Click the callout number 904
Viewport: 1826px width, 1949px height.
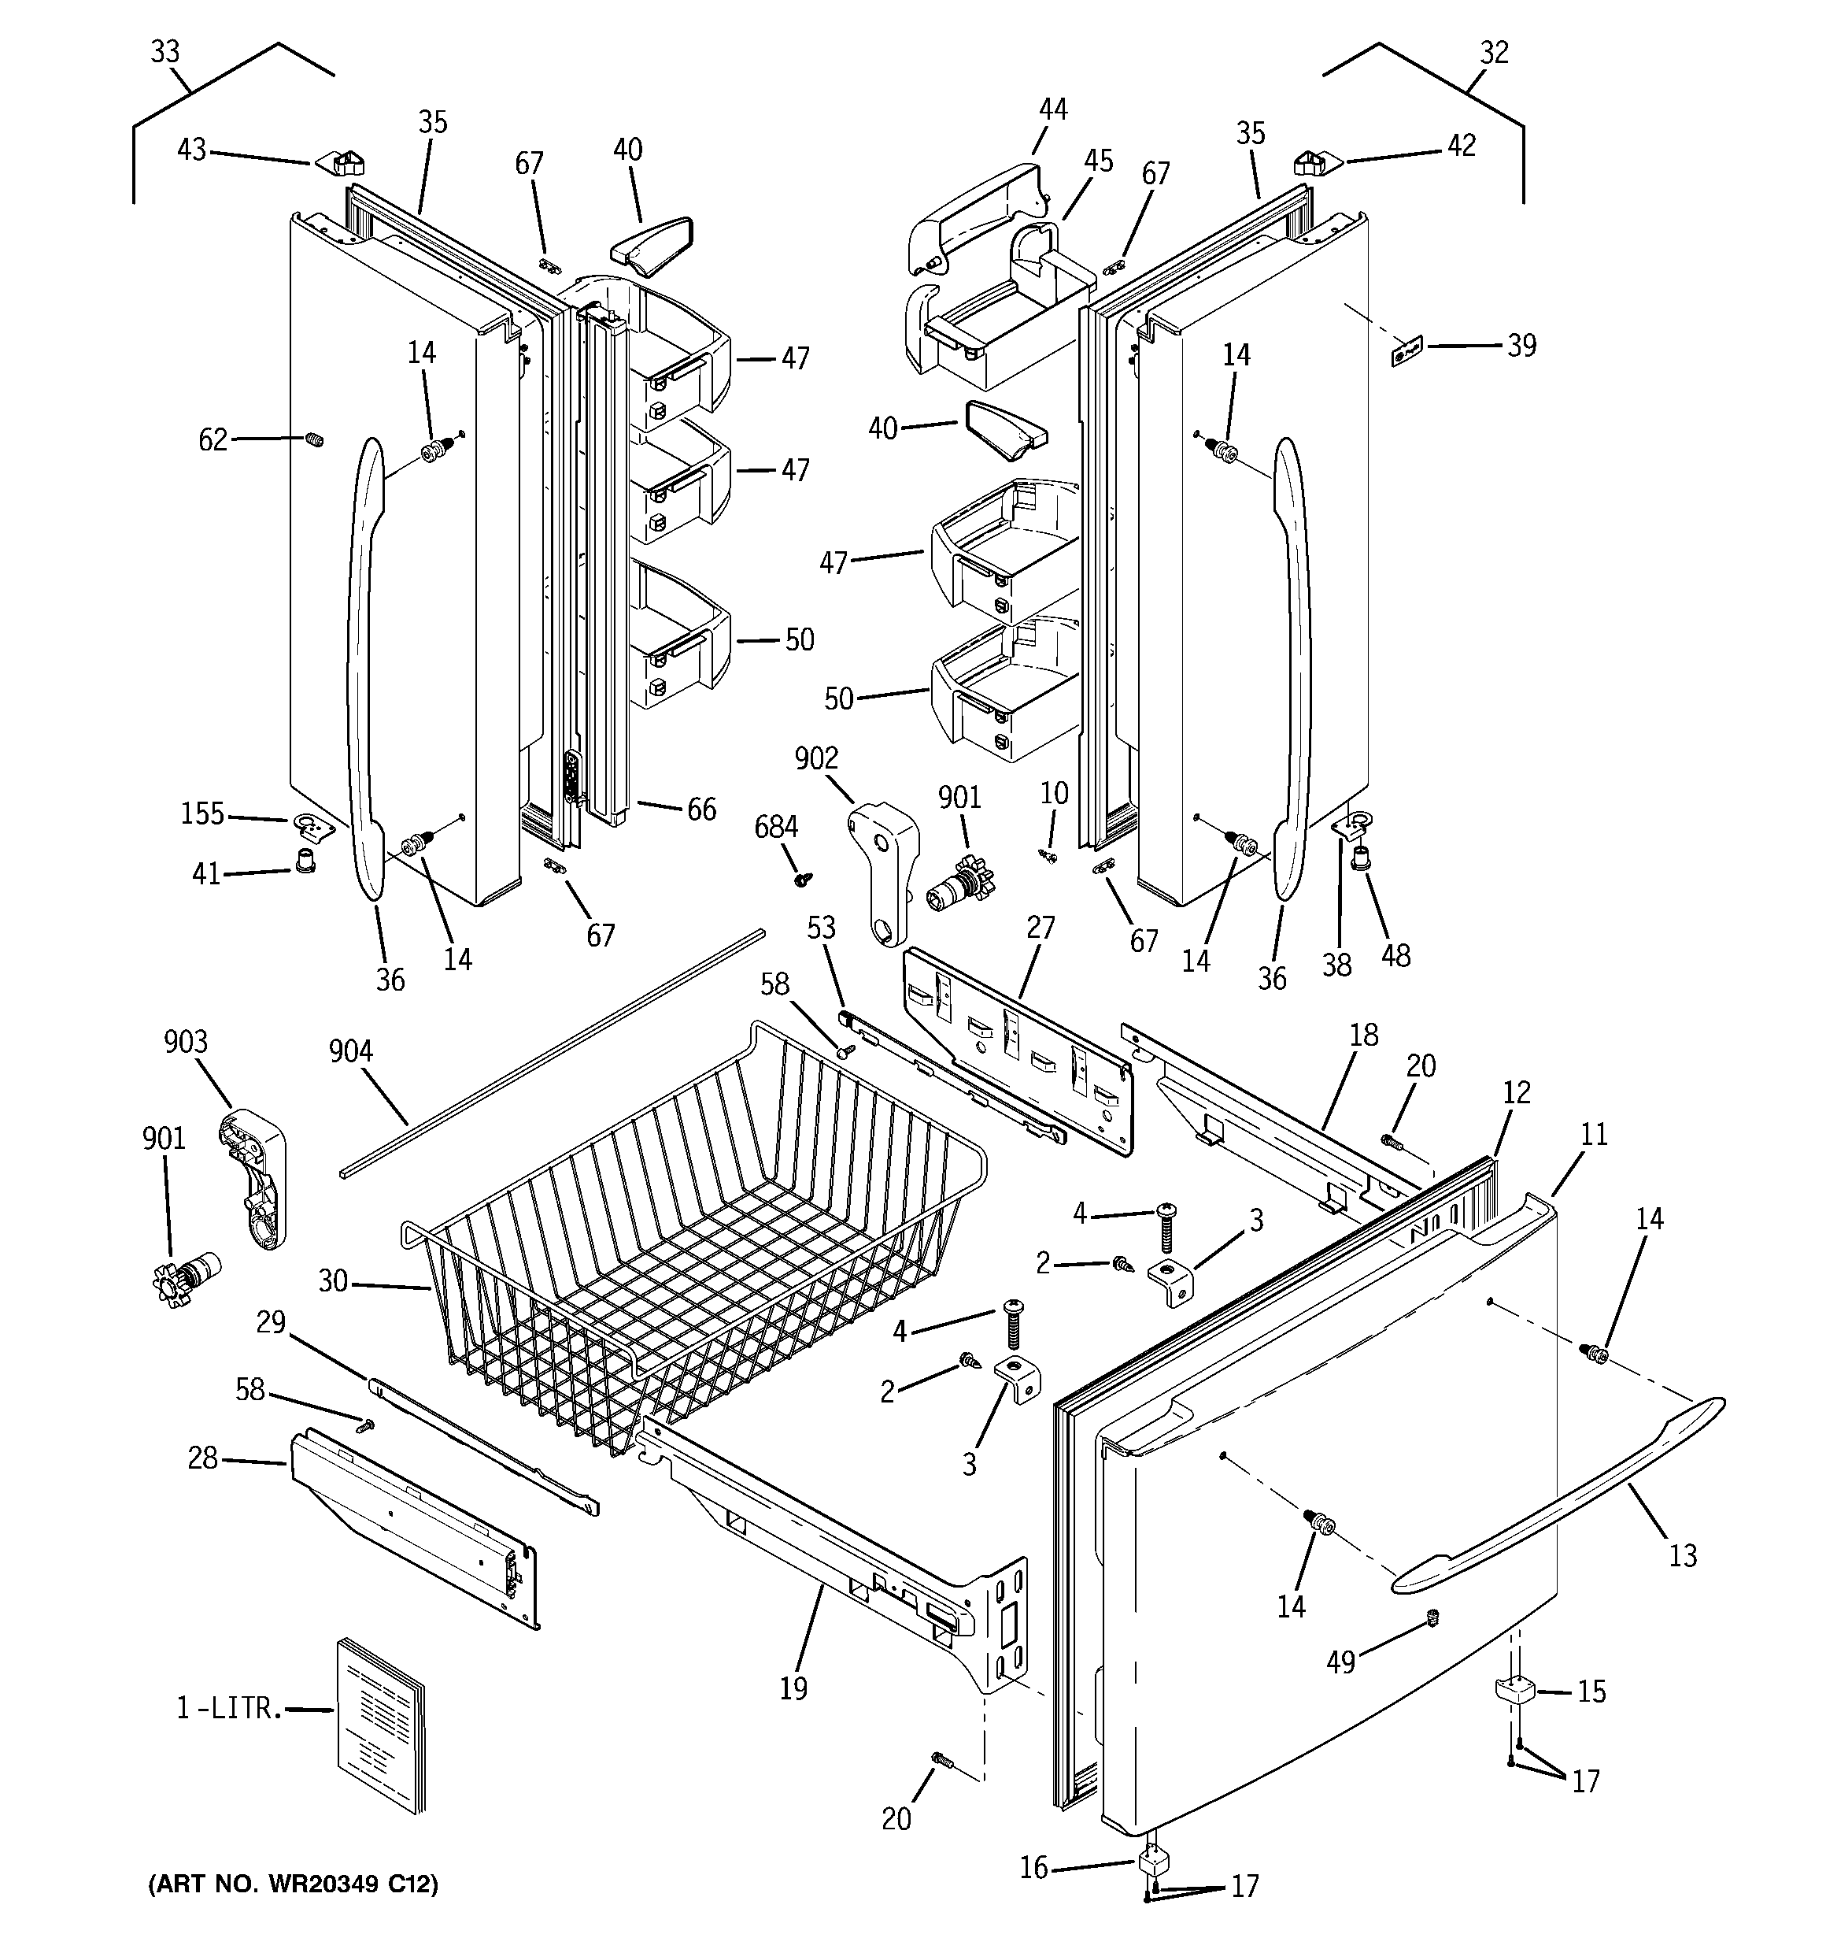(x=350, y=1053)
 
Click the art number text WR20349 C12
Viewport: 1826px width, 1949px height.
(x=293, y=1884)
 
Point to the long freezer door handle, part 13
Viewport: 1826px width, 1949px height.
(x=1558, y=1490)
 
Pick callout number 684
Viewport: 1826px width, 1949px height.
(x=775, y=828)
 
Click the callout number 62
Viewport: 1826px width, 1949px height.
(x=213, y=440)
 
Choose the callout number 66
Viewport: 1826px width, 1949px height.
(x=700, y=810)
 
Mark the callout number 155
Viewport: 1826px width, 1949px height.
(x=202, y=813)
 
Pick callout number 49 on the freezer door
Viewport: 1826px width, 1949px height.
(x=1340, y=1661)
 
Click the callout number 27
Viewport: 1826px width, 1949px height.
(x=1040, y=928)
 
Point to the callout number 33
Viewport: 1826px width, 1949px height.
(x=164, y=51)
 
